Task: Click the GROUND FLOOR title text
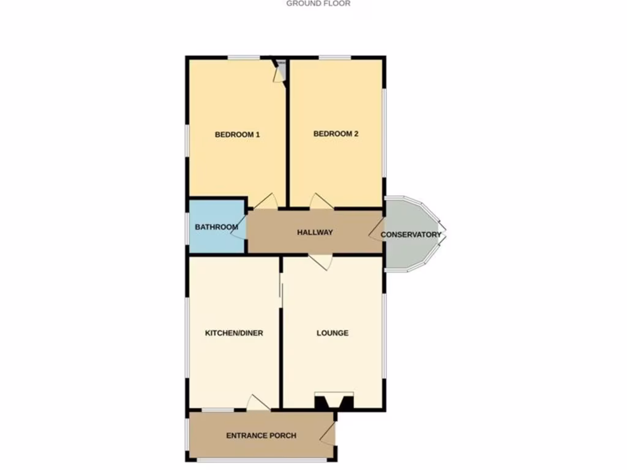click(x=318, y=3)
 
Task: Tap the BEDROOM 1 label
click(x=238, y=135)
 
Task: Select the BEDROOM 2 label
click(x=336, y=134)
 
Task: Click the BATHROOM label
click(x=216, y=227)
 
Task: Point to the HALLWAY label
click(x=315, y=233)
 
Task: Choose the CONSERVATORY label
click(x=411, y=234)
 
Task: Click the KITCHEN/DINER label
click(x=234, y=333)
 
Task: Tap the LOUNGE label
click(x=332, y=333)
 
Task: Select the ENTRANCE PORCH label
click(x=261, y=436)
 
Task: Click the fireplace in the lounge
click(x=334, y=401)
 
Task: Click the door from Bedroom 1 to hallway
click(x=266, y=202)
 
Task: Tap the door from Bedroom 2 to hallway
click(x=321, y=202)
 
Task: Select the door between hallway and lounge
click(x=321, y=261)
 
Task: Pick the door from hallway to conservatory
click(x=376, y=231)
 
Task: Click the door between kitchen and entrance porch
click(x=258, y=403)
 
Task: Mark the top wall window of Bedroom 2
click(x=334, y=58)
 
